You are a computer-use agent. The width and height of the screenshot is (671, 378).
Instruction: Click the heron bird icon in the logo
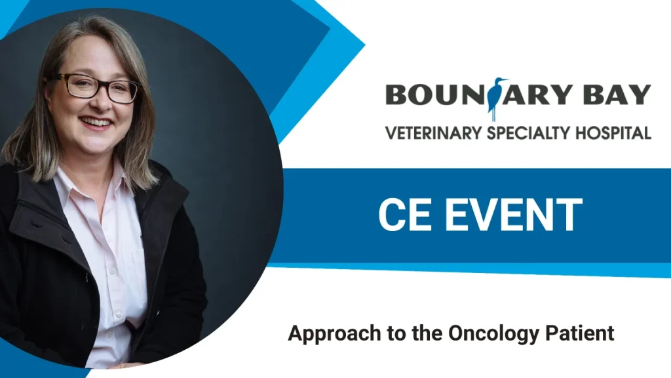[497, 98]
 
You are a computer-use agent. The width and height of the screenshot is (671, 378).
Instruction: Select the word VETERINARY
[434, 133]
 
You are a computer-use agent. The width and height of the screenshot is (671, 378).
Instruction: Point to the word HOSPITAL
[613, 133]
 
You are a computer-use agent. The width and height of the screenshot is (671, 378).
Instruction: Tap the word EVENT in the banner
[514, 215]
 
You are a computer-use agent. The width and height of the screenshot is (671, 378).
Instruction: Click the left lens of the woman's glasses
[83, 86]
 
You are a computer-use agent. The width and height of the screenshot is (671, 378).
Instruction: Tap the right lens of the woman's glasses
[123, 92]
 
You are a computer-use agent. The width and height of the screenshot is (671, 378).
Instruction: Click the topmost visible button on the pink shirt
[113, 270]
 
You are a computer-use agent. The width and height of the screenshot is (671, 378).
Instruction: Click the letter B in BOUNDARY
[396, 94]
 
